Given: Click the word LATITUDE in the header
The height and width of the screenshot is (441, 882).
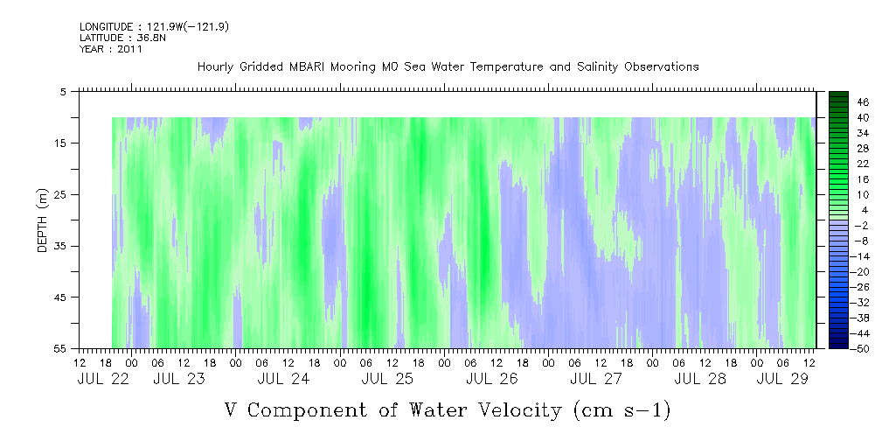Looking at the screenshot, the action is pos(101,38).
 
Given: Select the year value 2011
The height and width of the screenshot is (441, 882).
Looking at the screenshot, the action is pos(129,49).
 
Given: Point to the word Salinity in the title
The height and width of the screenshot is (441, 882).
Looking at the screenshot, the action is pos(596,67).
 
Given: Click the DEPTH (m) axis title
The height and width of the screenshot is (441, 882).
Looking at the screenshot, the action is pos(43,220).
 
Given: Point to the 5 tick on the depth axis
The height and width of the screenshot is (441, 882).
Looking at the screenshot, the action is pos(63,91).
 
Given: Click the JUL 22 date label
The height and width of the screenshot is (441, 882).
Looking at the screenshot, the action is pos(103,379).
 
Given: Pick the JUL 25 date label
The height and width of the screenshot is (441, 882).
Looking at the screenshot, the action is pos(387,379).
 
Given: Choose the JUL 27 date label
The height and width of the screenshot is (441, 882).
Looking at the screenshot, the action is pos(596,379).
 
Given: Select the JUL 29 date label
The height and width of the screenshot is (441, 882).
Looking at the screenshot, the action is pos(782,379).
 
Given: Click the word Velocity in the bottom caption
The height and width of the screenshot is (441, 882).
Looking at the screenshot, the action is pos(513,410).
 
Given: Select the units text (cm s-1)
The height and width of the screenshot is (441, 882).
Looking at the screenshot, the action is pos(622,410).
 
